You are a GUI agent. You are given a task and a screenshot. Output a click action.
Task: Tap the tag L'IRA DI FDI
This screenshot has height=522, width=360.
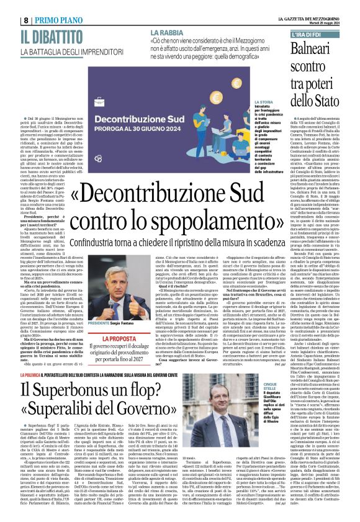point(306,34)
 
